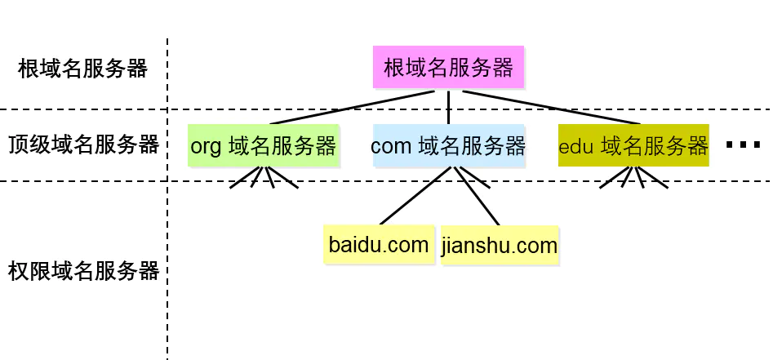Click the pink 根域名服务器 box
click(448, 67)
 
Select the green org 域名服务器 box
click(263, 145)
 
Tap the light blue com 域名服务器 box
click(448, 145)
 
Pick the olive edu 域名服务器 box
click(633, 146)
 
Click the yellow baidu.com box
click(378, 245)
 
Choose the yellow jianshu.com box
click(500, 246)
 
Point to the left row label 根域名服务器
click(82, 69)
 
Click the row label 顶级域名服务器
click(83, 145)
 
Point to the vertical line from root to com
click(448, 106)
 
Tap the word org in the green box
click(206, 147)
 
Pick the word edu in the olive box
click(575, 148)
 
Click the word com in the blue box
click(391, 147)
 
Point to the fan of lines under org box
click(264, 177)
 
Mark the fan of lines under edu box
click(633, 177)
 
